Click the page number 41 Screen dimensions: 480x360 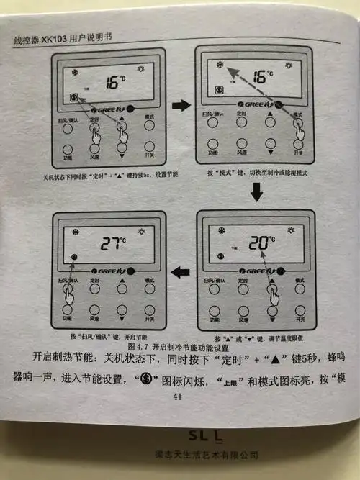tap(180, 395)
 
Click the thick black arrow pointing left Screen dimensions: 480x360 tap(180, 272)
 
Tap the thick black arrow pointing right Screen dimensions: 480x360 tap(181, 106)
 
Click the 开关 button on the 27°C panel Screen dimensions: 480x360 tap(149, 309)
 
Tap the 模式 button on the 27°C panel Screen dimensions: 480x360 tap(149, 289)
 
